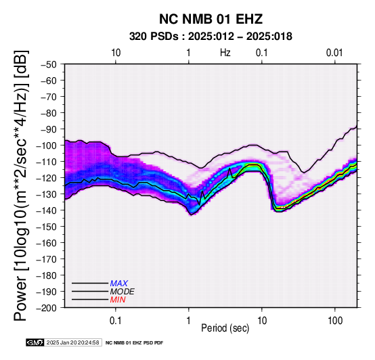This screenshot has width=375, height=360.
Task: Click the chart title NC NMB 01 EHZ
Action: pos(211,19)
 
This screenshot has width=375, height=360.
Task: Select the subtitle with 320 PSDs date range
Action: pos(211,37)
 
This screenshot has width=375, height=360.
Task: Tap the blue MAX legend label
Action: pos(119,284)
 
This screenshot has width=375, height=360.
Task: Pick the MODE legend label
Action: pos(122,292)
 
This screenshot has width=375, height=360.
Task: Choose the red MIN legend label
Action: pos(118,300)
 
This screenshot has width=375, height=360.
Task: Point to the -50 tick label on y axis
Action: pos(49,64)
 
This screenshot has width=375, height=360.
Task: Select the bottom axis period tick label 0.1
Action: pos(116,321)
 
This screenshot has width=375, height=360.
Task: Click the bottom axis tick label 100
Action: pos(335,321)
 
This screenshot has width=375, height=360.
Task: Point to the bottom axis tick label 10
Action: pos(262,321)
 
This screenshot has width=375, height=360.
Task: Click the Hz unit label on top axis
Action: pos(225,53)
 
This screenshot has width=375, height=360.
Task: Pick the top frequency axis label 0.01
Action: pos(334,53)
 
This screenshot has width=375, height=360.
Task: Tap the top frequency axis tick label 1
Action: pos(189,53)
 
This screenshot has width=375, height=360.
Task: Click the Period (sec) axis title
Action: pos(225,328)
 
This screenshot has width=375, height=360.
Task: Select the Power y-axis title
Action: pos(21,185)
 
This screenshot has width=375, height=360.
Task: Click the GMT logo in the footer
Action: pos(35,342)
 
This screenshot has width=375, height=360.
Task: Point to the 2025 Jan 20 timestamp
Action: pos(73,342)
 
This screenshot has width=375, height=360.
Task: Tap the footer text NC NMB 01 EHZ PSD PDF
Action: pos(134,343)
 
